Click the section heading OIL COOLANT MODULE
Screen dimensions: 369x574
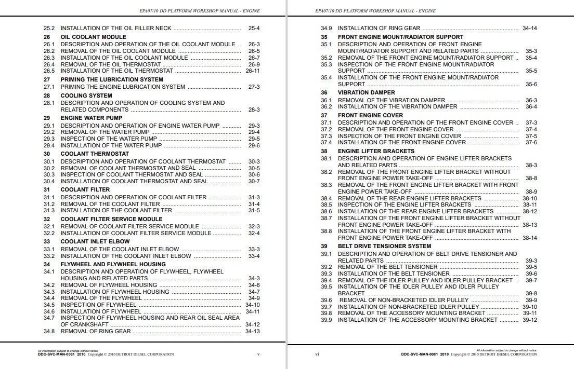tap(93, 37)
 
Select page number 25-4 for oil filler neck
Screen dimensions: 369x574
tap(254, 28)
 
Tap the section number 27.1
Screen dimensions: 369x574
tap(49, 87)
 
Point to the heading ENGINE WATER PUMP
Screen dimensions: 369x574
tap(92, 118)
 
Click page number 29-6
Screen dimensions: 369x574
tap(254, 146)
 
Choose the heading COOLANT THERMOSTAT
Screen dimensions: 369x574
tap(95, 154)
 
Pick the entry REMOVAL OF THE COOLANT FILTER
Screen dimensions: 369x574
tap(110, 204)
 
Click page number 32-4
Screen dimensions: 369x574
tap(254, 234)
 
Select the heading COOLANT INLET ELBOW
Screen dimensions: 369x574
tap(95, 242)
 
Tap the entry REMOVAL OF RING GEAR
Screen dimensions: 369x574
tap(96, 331)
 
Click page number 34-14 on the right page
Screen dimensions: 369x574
tap(530, 28)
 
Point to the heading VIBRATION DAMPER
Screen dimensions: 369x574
tap(366, 93)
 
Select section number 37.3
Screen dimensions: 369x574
tap(326, 136)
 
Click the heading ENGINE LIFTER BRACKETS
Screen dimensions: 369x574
tap(376, 152)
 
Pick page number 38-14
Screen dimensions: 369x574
tap(530, 238)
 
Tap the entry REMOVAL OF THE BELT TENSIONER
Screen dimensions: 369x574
tap(387, 267)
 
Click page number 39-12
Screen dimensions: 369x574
tap(530, 320)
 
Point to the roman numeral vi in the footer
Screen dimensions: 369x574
tap(317, 354)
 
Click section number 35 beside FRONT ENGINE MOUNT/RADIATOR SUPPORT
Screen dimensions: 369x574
tap(324, 37)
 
